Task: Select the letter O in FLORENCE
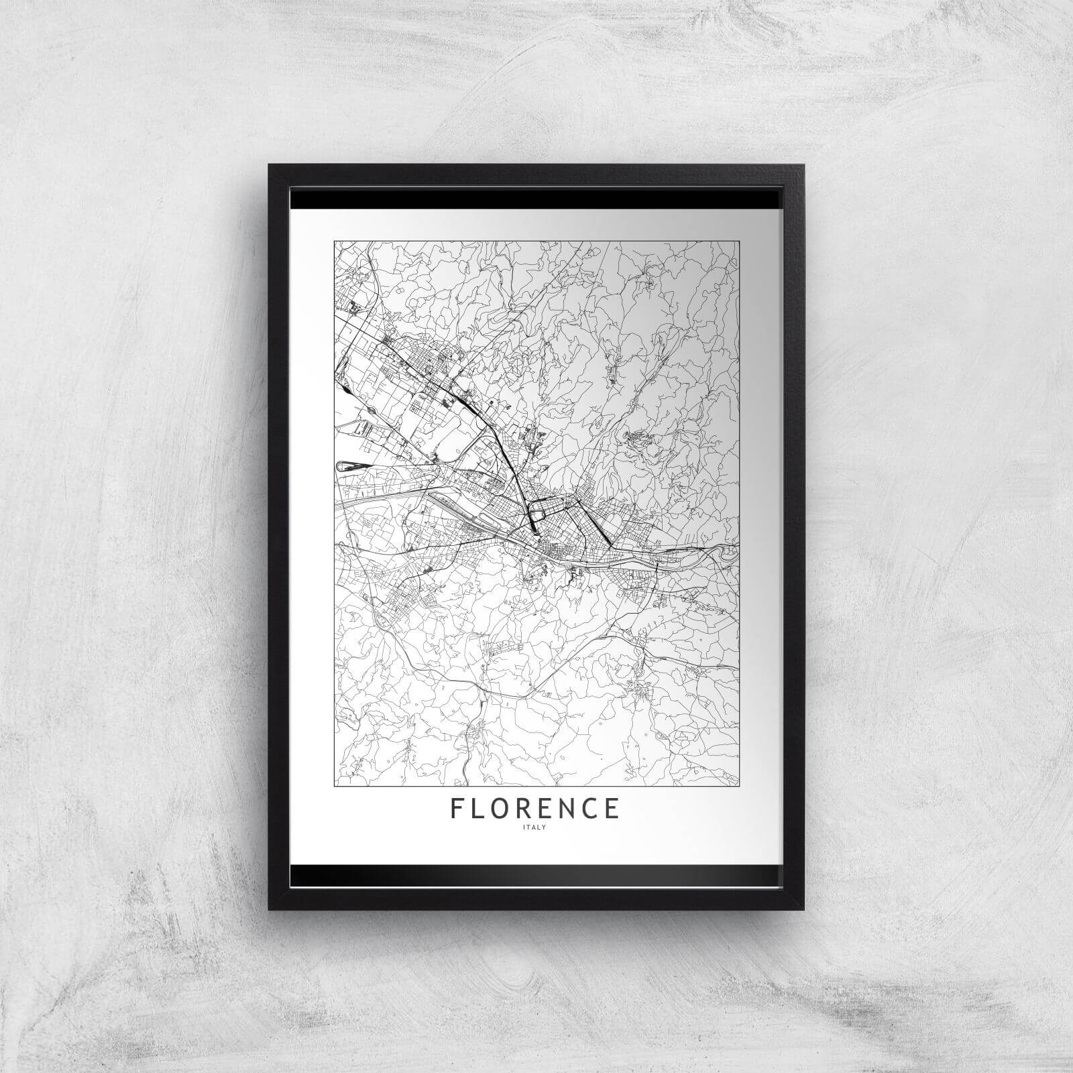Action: [505, 808]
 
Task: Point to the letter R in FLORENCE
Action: [530, 808]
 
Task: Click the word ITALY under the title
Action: [536, 828]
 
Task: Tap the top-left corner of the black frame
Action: [270, 165]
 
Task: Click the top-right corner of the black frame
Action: [803, 165]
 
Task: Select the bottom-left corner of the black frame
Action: [270, 909]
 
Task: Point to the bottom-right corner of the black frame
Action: [803, 909]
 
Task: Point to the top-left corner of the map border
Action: [334, 240]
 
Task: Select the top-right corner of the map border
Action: [739, 240]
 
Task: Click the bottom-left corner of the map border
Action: [334, 785]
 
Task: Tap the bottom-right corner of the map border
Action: [739, 785]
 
